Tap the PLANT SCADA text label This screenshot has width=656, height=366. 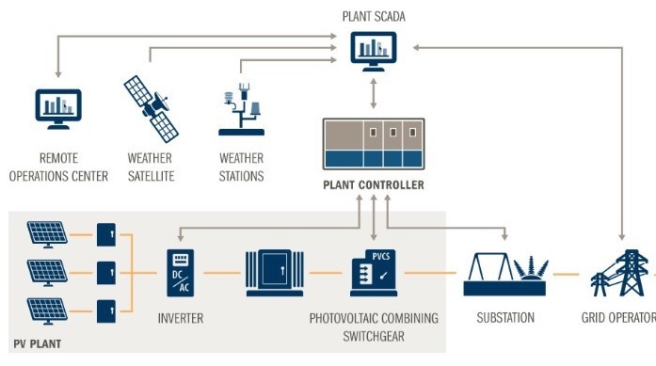point(374,15)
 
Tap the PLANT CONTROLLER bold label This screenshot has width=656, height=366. point(374,185)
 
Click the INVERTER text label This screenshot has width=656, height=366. point(180,318)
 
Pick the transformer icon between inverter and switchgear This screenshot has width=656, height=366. point(274,274)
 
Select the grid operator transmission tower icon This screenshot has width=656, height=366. point(619,275)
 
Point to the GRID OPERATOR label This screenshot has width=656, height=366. point(617,318)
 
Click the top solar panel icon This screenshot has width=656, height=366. point(46,232)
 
